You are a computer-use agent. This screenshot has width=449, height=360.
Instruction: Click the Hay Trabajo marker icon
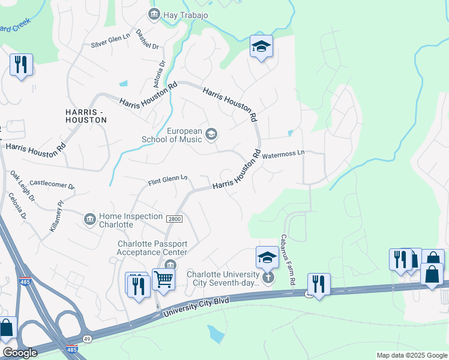154,14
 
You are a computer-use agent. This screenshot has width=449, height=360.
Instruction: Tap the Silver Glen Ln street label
110,40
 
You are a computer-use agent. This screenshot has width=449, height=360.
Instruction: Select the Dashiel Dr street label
147,40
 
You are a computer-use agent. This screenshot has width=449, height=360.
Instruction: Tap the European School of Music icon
211,134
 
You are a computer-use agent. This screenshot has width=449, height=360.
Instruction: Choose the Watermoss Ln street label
283,154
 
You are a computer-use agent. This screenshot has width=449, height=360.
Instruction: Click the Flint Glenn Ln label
168,179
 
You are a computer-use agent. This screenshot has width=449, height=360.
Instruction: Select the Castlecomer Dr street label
52,185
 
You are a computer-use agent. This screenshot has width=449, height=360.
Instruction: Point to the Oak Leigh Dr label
23,186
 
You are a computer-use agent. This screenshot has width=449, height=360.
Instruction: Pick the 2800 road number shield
173,220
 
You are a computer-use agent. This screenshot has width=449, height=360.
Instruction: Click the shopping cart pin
163,278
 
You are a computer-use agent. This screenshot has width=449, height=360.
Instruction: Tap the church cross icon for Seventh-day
268,277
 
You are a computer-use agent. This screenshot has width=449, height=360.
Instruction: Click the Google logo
20,353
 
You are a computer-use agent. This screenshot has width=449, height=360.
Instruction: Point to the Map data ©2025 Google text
411,355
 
